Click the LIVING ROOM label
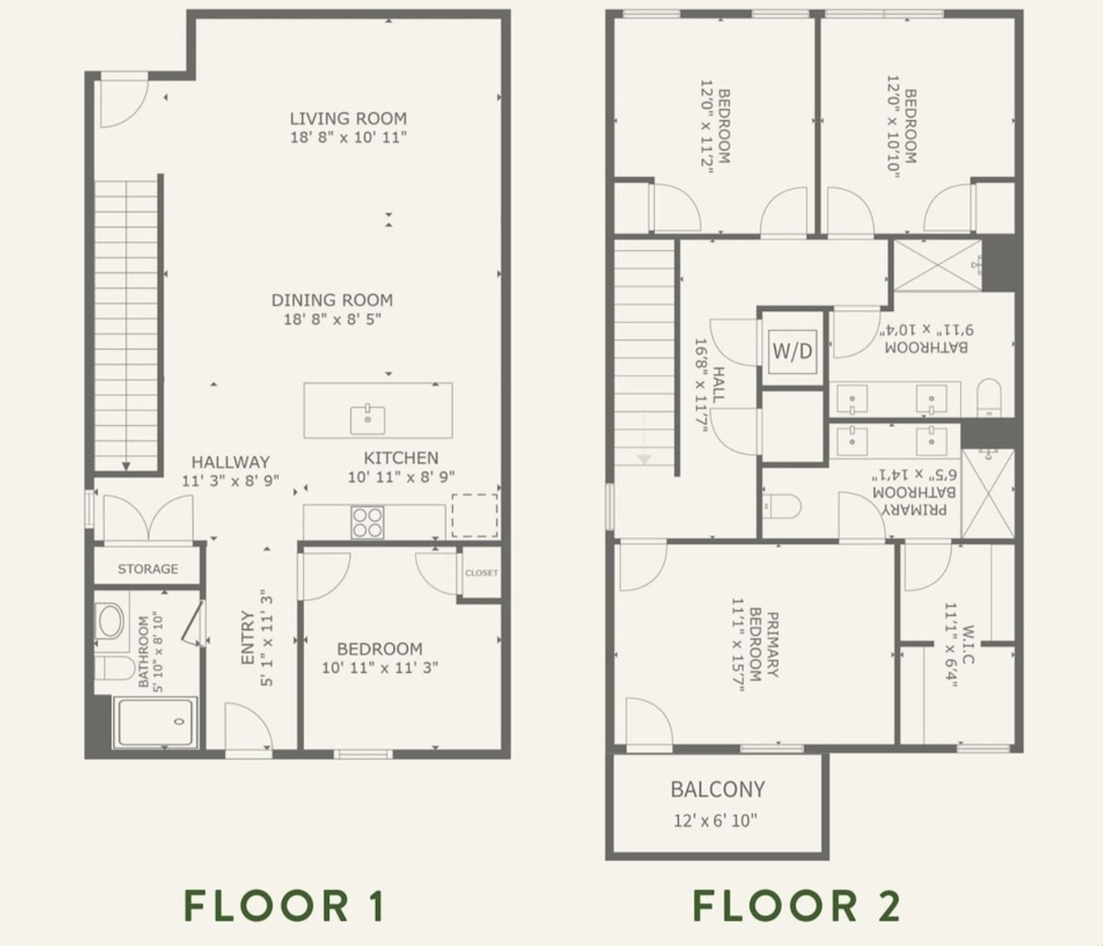click(348, 118)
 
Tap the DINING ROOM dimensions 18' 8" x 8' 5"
click(333, 319)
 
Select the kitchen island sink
click(368, 419)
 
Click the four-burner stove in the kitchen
click(368, 522)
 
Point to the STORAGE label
click(147, 569)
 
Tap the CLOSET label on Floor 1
click(481, 572)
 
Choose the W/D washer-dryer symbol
click(792, 351)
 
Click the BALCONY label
click(718, 790)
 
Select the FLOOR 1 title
click(284, 906)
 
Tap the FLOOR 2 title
click(797, 906)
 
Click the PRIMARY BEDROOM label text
click(764, 644)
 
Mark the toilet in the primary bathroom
click(782, 506)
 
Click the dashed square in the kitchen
click(475, 516)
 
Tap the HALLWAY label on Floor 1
click(231, 462)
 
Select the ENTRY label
click(247, 638)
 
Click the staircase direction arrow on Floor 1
click(126, 467)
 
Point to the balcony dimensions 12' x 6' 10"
click(715, 820)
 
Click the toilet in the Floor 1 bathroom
click(115, 668)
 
